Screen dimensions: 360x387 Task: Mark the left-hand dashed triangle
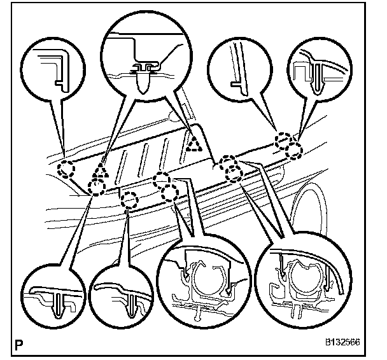[99, 170]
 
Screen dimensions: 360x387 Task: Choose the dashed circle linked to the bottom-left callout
[97, 187]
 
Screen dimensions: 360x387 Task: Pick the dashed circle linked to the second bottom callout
[130, 200]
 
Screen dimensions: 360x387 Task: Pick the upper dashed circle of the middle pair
[162, 179]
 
